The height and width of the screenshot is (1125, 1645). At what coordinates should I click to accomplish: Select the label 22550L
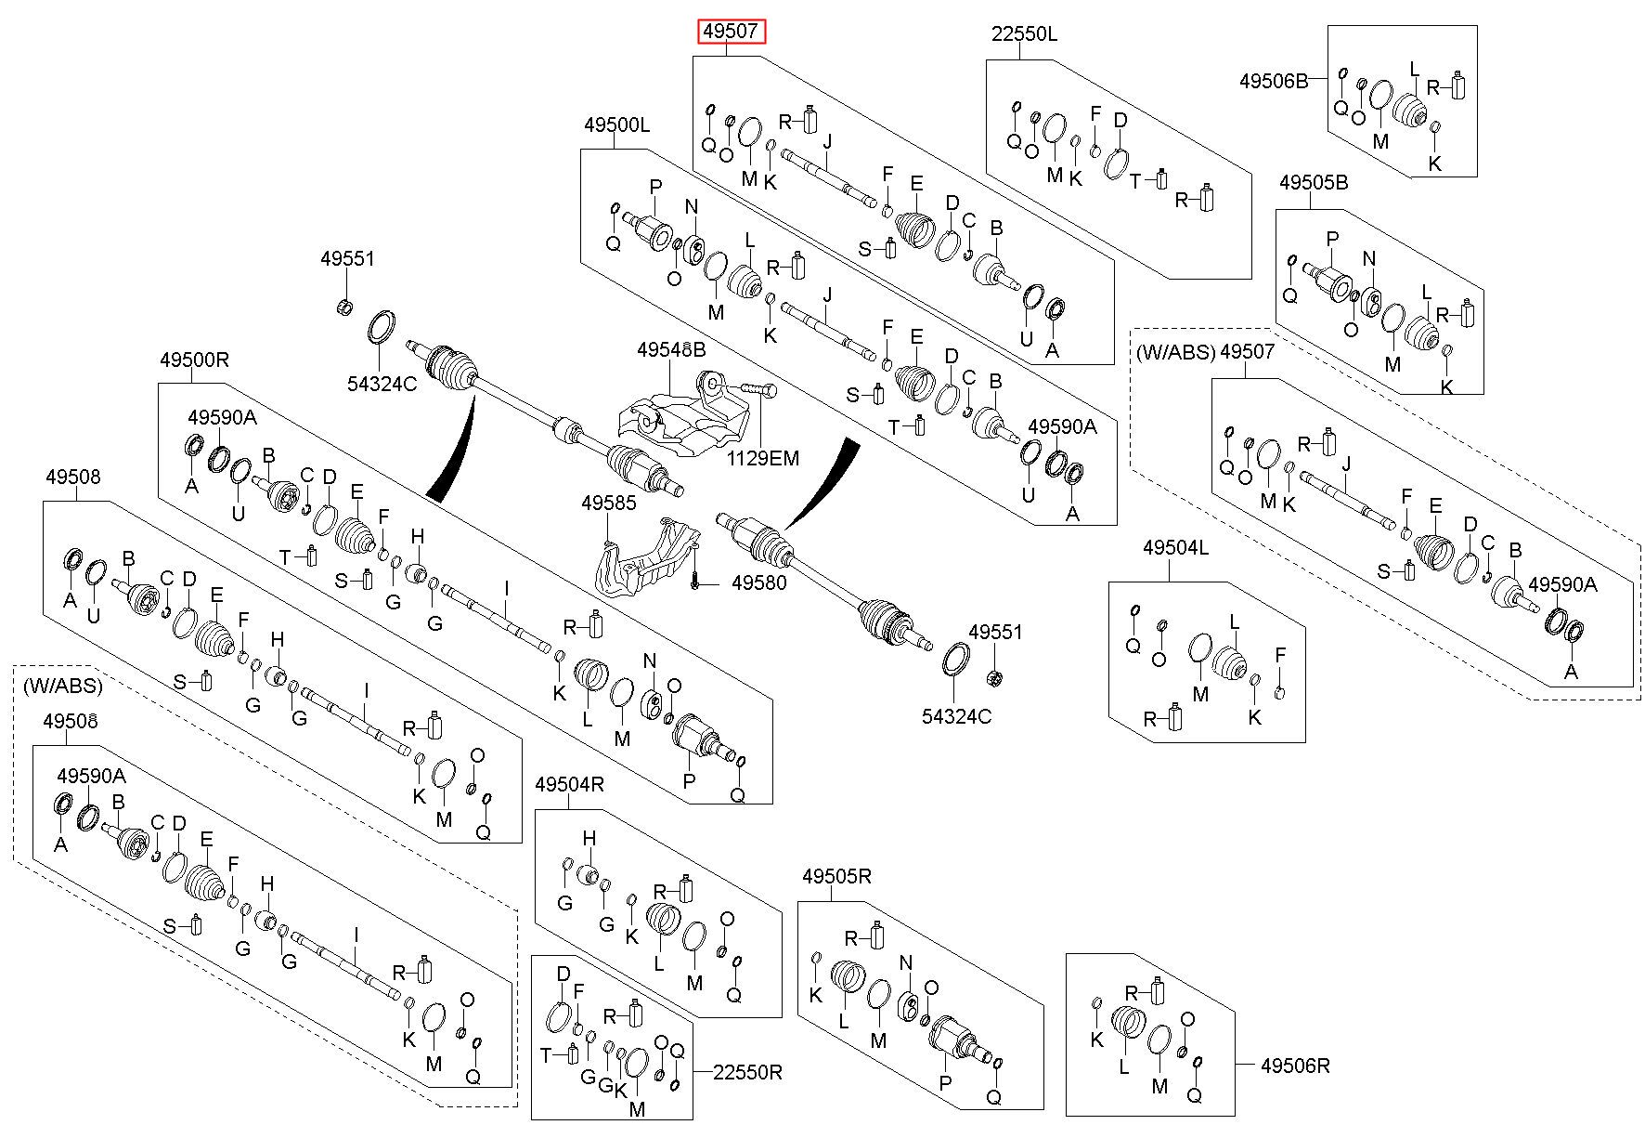1024,35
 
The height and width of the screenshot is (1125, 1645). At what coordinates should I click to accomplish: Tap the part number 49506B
1273,81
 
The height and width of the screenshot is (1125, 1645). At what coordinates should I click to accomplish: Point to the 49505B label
1313,183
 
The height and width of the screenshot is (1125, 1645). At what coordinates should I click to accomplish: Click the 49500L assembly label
617,124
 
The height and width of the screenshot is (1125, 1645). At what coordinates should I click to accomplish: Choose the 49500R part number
194,359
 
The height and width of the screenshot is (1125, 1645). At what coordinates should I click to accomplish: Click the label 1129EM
762,458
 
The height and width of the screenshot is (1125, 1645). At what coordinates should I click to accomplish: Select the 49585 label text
609,503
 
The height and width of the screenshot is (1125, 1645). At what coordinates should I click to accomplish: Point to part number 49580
759,583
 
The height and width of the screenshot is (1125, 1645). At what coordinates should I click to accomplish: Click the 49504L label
1175,548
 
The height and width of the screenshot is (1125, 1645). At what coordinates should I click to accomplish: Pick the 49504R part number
569,785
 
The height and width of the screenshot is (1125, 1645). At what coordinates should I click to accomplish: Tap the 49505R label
836,876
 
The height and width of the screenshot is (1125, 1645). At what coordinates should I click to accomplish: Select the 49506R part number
1295,1066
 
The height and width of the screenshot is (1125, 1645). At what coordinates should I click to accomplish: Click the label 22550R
747,1073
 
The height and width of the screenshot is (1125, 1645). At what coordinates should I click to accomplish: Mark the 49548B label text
671,349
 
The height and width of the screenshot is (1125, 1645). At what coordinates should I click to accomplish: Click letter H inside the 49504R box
589,839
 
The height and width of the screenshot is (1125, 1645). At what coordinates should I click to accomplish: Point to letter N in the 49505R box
907,962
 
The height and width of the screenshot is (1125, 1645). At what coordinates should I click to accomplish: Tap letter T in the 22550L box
1135,181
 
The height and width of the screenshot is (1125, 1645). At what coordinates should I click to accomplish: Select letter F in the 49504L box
1280,656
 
